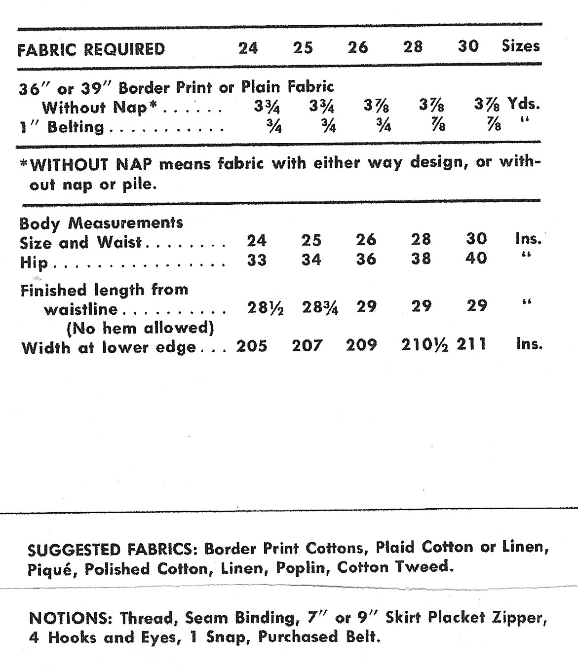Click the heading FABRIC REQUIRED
click(91, 49)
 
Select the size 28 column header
click(413, 47)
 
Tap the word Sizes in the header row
click(521, 46)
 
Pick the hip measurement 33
click(257, 260)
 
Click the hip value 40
click(476, 258)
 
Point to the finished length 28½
click(265, 308)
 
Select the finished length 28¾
click(320, 308)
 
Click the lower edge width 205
click(252, 346)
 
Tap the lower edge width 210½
click(424, 345)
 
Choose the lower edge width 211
click(471, 344)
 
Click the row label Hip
click(34, 262)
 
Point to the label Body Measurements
click(101, 223)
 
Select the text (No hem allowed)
click(140, 328)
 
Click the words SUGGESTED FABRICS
click(113, 550)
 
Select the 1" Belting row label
click(62, 127)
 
